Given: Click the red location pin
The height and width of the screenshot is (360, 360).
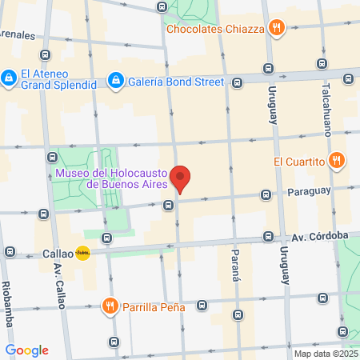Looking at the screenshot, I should pyautogui.click(x=182, y=178).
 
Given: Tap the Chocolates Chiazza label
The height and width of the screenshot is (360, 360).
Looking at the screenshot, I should pyautogui.click(x=215, y=30).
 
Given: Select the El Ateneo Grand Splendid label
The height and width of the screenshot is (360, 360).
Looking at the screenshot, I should pyautogui.click(x=54, y=77).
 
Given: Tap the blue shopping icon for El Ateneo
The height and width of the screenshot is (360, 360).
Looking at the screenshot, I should pyautogui.click(x=9, y=78).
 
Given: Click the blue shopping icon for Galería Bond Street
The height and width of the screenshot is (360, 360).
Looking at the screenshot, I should pyautogui.click(x=116, y=80).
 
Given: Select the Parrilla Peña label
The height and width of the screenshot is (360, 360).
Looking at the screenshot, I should pyautogui.click(x=154, y=306).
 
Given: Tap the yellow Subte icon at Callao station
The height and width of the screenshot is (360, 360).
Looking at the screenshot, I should pyautogui.click(x=83, y=253).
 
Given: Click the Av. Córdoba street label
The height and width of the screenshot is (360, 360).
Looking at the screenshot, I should pyautogui.click(x=319, y=235).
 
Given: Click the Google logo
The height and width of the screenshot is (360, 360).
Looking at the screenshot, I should pyautogui.click(x=26, y=350).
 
